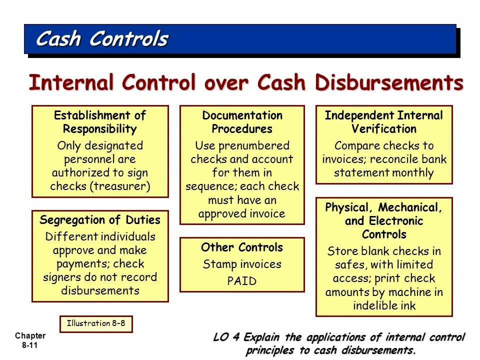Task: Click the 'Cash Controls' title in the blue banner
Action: pos(102,39)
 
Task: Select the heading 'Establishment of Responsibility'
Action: pos(99,122)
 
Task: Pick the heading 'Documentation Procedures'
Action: pos(242,122)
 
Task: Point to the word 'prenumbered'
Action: pos(256,146)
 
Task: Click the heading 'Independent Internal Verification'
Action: pos(383,122)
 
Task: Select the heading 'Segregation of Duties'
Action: pos(100,220)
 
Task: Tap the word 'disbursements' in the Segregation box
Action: pos(100,290)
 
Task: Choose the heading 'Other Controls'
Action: pos(242,247)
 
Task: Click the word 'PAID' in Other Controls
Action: pos(242,281)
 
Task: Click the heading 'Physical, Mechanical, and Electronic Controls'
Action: pos(383,220)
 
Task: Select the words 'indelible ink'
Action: pos(384,305)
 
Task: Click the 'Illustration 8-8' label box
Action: pos(96,323)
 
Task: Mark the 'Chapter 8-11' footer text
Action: pos(30,340)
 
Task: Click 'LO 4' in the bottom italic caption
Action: pos(225,337)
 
